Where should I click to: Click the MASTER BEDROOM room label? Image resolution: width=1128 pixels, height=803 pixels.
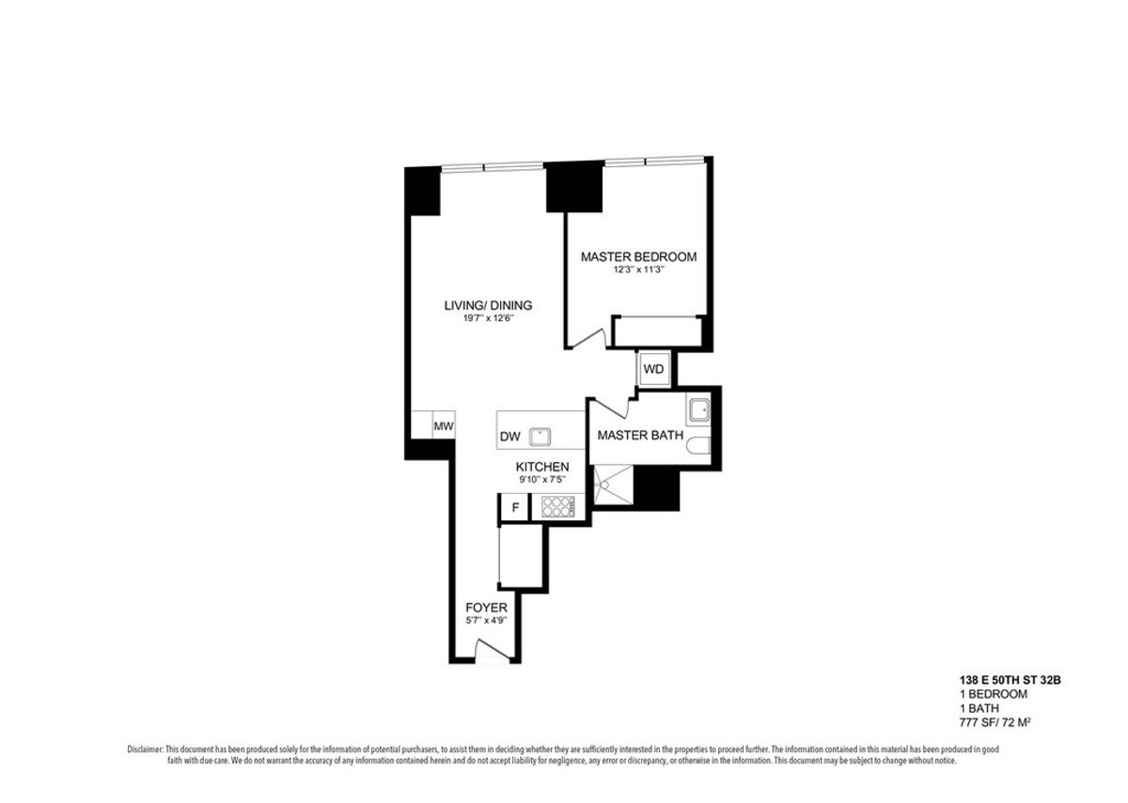[638, 256]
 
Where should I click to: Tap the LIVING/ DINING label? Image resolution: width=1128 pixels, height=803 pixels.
[488, 305]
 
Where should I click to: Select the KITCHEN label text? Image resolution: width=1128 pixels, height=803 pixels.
[542, 467]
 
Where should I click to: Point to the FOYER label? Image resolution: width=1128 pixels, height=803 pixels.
[486, 608]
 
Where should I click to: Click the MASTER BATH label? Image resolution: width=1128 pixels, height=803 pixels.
[640, 435]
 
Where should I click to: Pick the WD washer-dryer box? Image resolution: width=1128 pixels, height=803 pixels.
[653, 369]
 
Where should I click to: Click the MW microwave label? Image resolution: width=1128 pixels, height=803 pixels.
[444, 426]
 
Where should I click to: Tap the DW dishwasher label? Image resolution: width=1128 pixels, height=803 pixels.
[510, 437]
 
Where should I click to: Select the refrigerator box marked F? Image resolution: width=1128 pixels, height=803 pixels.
[515, 507]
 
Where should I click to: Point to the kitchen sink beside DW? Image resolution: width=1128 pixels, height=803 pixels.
[540, 437]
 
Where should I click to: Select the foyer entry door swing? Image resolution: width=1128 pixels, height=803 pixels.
[493, 649]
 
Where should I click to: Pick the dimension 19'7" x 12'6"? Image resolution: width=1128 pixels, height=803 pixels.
[488, 318]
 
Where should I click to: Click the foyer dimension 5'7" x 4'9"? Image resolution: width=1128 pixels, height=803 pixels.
[486, 621]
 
